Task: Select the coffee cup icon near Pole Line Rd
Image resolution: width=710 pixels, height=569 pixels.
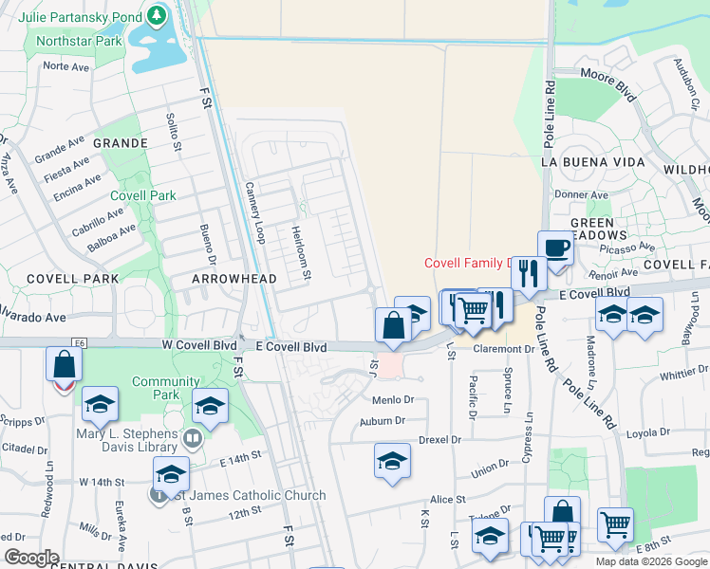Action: [x=556, y=248]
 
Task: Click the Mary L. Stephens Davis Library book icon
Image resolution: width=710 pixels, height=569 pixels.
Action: [x=193, y=437]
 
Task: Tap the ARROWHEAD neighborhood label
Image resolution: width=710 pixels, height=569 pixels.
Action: [x=234, y=279]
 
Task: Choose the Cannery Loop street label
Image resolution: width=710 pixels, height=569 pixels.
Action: [x=254, y=212]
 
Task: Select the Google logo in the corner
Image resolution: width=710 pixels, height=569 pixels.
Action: [x=31, y=558]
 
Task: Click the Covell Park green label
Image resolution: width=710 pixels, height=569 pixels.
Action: [x=143, y=195]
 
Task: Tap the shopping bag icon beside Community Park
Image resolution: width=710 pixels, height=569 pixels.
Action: [x=64, y=366]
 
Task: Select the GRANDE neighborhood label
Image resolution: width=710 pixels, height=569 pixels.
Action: [x=120, y=143]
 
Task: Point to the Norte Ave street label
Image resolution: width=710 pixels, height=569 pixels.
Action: [x=66, y=66]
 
